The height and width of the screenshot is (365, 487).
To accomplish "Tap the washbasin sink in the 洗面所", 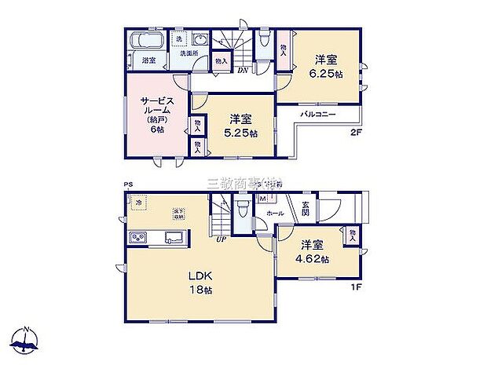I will pyautogui.click(x=200, y=41).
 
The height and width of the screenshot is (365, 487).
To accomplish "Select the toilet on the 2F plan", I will pyautogui.click(x=264, y=39).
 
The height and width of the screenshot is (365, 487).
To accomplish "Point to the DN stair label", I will pyautogui.click(x=244, y=69).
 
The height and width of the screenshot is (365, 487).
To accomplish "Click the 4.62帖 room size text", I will pyautogui.click(x=313, y=259).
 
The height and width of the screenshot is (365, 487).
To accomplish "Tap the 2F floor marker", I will pyautogui.click(x=356, y=133).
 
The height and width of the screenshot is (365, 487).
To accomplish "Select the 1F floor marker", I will pyautogui.click(x=355, y=287).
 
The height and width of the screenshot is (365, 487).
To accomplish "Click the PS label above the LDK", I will pyautogui.click(x=127, y=185).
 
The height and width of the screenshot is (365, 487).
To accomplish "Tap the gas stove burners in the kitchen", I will pyautogui.click(x=137, y=239).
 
